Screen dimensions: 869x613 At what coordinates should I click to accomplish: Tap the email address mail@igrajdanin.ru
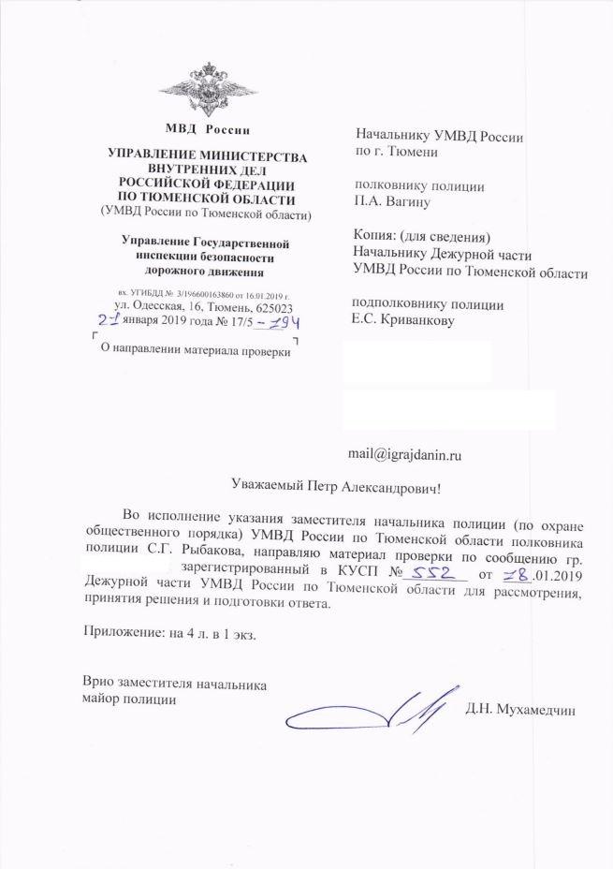click(x=406, y=453)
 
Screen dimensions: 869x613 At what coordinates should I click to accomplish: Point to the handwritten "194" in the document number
click(x=291, y=321)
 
